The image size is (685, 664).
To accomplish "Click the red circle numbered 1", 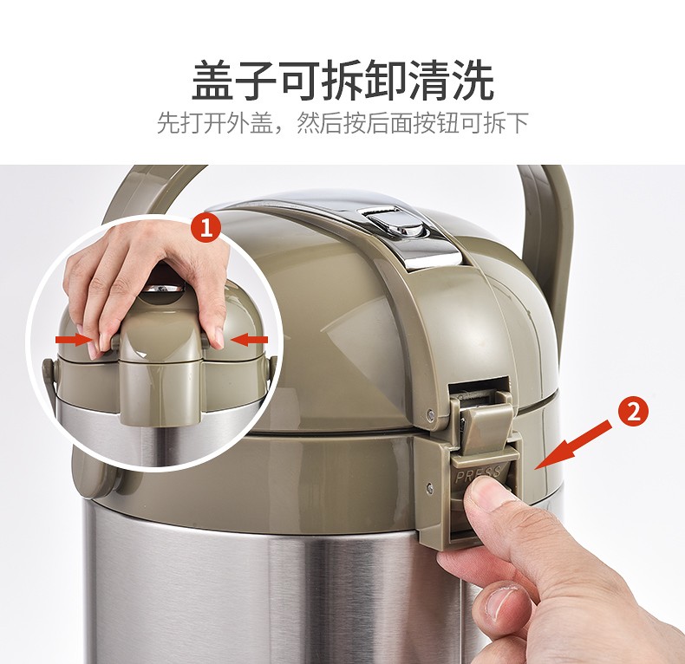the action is pyautogui.click(x=206, y=228).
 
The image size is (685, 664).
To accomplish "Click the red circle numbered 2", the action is pyautogui.click(x=634, y=412).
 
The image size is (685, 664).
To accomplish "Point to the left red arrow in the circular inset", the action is pyautogui.click(x=73, y=340).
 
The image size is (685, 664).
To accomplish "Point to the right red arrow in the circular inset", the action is pyautogui.click(x=249, y=340).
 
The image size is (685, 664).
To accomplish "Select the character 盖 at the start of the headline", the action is pyautogui.click(x=212, y=81).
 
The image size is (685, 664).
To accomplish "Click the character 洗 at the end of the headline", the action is pyautogui.click(x=473, y=81).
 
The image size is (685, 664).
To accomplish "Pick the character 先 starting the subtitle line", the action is pyautogui.click(x=167, y=123).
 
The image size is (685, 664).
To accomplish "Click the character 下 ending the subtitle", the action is pyautogui.click(x=518, y=123).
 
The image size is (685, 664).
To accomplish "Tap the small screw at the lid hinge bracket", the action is pyautogui.click(x=431, y=411).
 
